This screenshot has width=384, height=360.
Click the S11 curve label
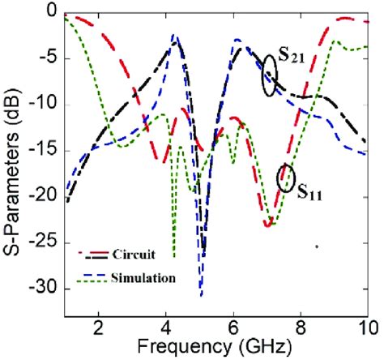click(x=309, y=192)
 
